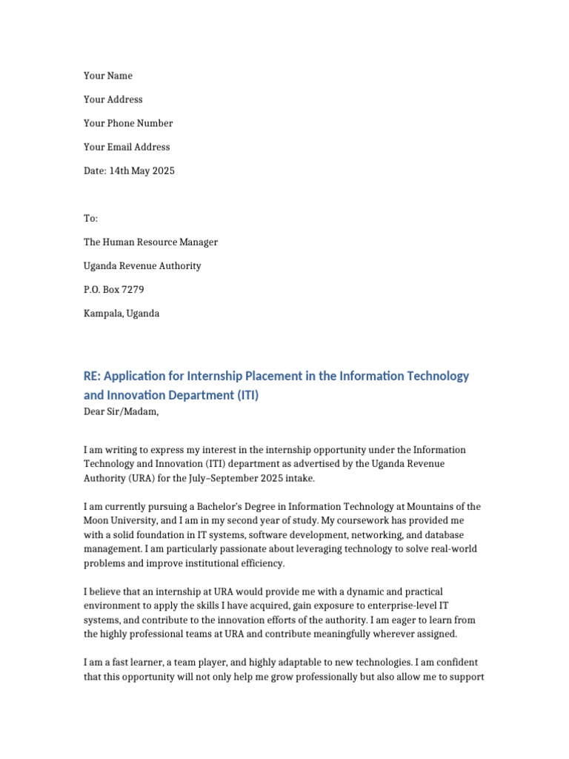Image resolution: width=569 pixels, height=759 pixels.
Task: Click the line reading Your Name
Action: pos(108,76)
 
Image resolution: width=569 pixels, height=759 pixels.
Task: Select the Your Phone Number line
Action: pos(128,123)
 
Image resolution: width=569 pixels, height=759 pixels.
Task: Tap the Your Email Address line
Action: pos(127,147)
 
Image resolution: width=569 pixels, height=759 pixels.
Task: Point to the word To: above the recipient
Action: pos(90,218)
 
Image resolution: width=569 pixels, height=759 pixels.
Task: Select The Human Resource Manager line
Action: pos(150,242)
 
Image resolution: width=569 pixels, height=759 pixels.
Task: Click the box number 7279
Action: pos(133,289)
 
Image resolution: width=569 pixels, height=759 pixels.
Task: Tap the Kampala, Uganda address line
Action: pos(122,313)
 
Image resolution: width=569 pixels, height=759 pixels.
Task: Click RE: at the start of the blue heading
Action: pos(92,376)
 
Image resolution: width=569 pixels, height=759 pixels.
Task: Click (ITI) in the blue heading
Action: pos(248,395)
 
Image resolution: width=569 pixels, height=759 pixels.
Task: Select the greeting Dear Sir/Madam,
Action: pos(121,411)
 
